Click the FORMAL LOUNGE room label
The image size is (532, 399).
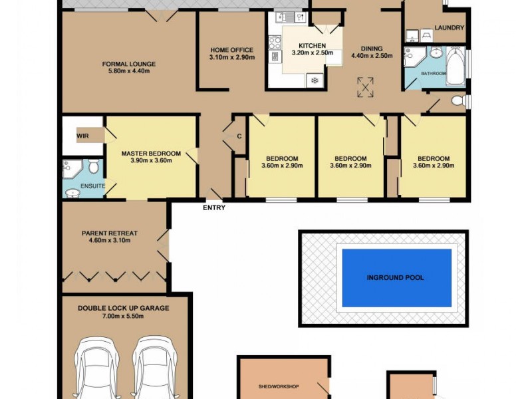coord(129,64)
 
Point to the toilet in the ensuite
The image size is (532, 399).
coord(93,166)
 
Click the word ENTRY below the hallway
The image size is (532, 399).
coord(214,207)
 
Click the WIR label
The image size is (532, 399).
coord(82,136)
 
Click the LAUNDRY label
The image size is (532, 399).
coord(449,28)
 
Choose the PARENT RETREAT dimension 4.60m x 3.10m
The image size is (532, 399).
coord(110,241)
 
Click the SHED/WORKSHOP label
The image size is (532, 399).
coord(279,386)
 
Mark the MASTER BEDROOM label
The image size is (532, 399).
coord(151,153)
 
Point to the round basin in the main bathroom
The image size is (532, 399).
coord(436,53)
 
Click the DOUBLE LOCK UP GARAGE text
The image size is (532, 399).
coord(124,308)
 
